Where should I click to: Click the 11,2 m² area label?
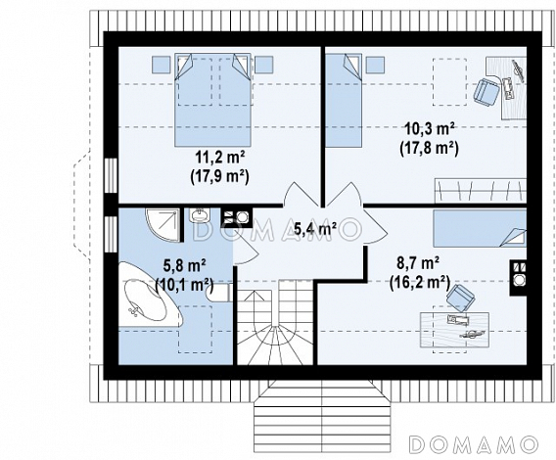click(220, 157)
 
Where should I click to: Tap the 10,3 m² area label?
click(430, 129)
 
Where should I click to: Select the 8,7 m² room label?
click(418, 264)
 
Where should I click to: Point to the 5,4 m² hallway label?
click(315, 229)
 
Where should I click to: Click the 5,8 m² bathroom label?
click(184, 265)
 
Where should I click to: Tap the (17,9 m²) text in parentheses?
click(219, 176)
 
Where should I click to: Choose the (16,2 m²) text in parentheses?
click(420, 283)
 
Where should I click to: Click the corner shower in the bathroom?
click(162, 225)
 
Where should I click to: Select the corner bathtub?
click(149, 295)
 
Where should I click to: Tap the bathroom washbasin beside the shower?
click(200, 215)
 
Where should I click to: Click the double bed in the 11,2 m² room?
click(212, 100)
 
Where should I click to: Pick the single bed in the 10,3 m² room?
click(344, 100)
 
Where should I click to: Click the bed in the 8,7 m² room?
click(480, 228)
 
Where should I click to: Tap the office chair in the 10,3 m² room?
click(486, 92)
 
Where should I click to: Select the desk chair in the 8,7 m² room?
click(461, 299)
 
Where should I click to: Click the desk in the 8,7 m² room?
click(454, 330)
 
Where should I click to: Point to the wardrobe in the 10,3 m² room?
click(481, 191)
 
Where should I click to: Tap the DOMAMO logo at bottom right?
click(474, 444)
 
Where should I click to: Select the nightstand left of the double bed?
click(161, 65)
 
